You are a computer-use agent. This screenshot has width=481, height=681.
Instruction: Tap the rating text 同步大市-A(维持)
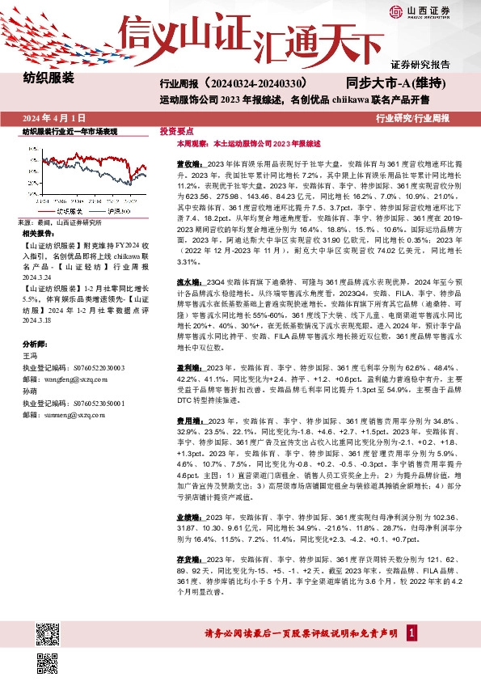click(396, 82)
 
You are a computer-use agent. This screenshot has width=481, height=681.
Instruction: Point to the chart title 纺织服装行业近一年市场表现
click(70, 131)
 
